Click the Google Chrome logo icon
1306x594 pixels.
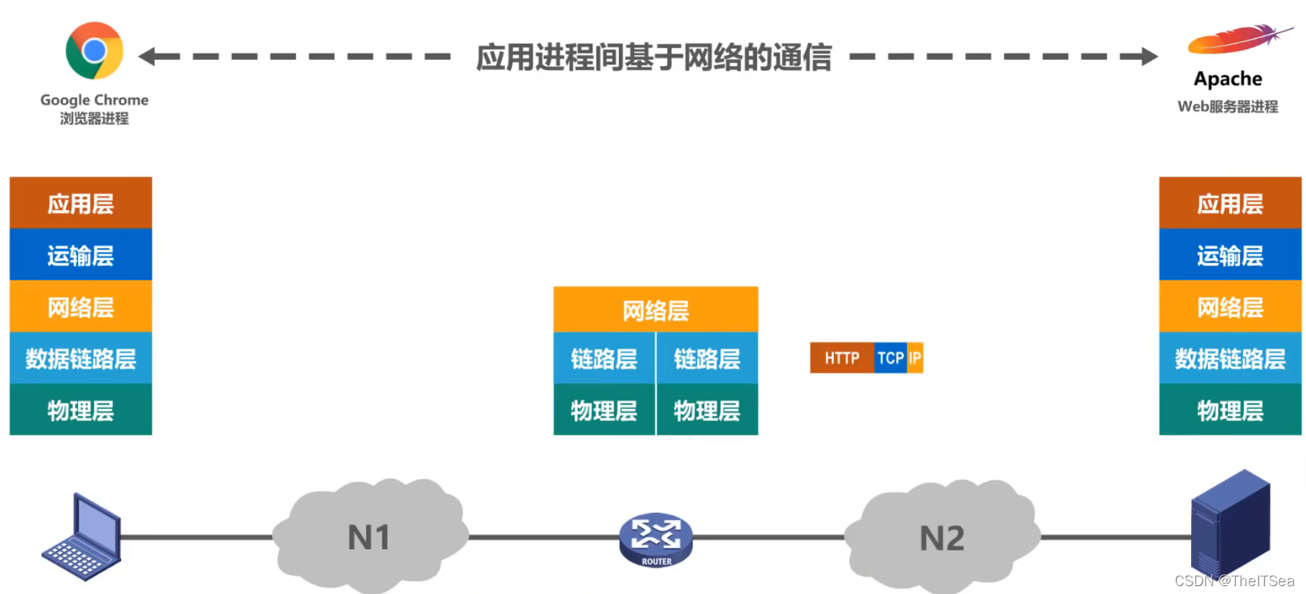point(94,51)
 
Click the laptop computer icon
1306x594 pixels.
point(82,537)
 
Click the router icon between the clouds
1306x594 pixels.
point(655,539)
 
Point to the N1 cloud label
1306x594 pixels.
point(369,538)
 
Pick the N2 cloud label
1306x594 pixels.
point(942,539)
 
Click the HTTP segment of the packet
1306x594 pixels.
point(841,358)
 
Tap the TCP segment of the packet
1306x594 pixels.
point(890,358)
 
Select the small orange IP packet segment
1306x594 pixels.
point(915,358)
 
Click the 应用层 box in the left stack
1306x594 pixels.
point(80,203)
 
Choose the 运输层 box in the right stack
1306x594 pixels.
point(1230,255)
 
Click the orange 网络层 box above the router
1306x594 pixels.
point(655,310)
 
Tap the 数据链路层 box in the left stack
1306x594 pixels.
point(80,359)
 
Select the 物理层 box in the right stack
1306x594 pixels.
point(1230,410)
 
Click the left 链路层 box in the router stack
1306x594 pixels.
point(603,359)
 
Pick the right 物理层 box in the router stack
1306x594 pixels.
point(706,410)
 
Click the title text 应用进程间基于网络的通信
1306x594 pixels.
point(654,57)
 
